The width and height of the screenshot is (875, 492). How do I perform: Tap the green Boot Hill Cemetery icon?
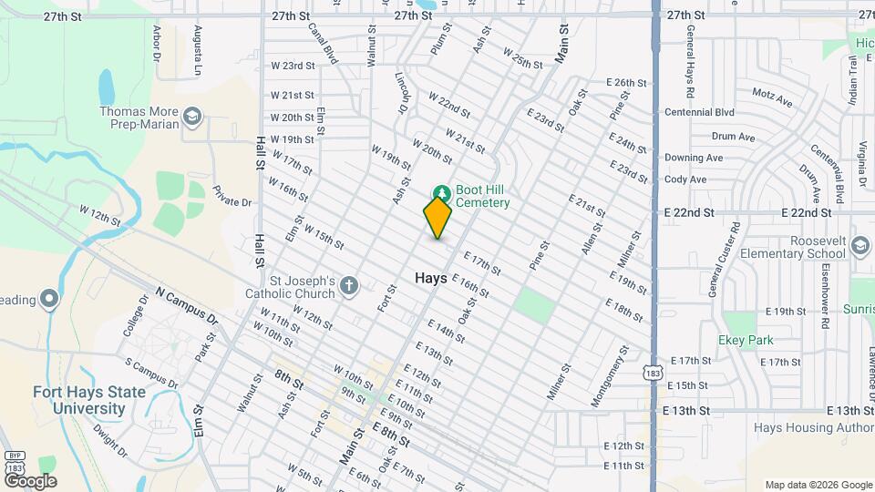pyautogui.click(x=442, y=192)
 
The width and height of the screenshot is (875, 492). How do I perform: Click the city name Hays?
pyautogui.click(x=430, y=278)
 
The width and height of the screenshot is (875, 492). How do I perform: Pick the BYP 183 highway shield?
pyautogui.click(x=14, y=462)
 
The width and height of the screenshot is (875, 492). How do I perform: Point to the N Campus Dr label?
pyautogui.click(x=187, y=306)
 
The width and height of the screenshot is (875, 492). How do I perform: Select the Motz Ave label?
pyautogui.click(x=769, y=93)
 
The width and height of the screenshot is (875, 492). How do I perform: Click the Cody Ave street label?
pyautogui.click(x=685, y=179)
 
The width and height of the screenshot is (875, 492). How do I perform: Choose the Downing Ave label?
pyautogui.click(x=694, y=158)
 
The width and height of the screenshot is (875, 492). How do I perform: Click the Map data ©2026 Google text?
pyautogui.click(x=818, y=485)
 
